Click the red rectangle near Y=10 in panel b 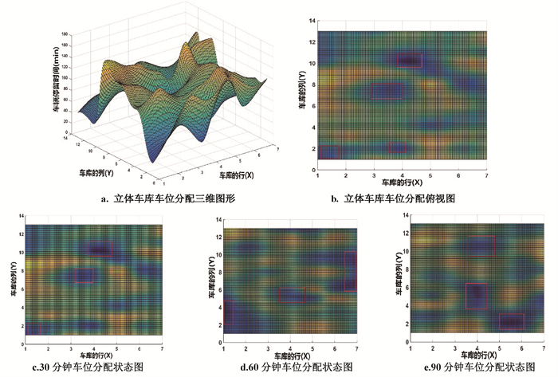[x=410, y=61]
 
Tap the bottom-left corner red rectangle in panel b [x=329, y=152]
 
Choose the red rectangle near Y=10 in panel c [x=100, y=249]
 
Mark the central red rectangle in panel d [x=292, y=294]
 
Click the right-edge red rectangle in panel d [x=350, y=271]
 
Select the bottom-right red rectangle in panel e [x=511, y=320]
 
